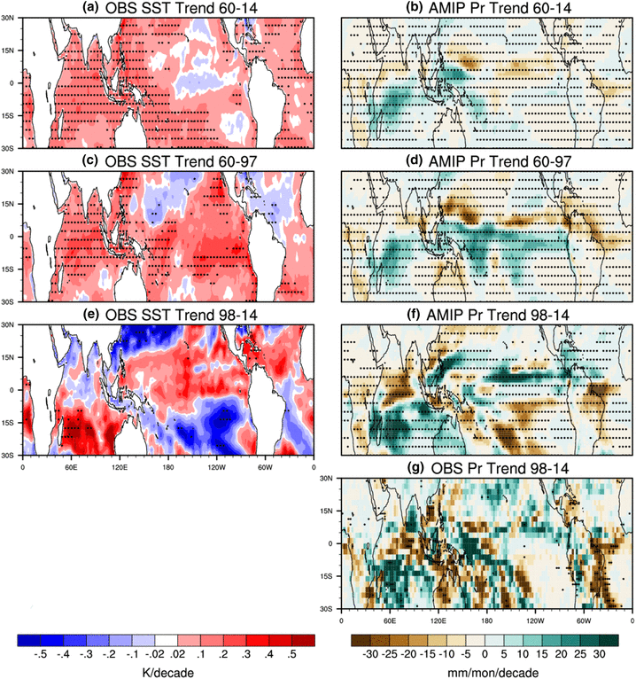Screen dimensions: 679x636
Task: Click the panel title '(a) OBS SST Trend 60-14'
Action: tap(168, 8)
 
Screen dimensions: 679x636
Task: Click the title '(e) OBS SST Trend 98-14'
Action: tap(168, 314)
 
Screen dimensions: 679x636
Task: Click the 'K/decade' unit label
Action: tap(167, 672)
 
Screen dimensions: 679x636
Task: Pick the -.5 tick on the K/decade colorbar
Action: tap(40, 657)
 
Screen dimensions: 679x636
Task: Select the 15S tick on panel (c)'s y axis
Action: tap(12, 269)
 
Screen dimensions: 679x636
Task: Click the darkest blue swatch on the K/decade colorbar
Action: tap(29, 640)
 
